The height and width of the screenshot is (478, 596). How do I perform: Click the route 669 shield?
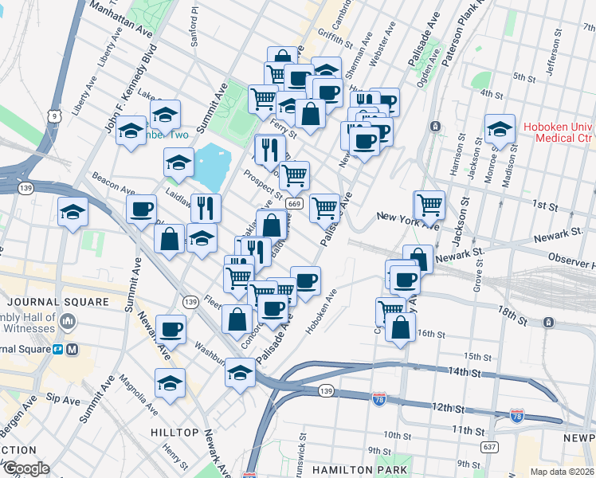[295, 205]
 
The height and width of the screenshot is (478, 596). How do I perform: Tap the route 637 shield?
[491, 446]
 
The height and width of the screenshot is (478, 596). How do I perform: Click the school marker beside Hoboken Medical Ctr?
[499, 128]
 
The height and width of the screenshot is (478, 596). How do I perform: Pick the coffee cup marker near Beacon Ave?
[141, 210]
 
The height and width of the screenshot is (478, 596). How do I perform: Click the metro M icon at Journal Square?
[72, 349]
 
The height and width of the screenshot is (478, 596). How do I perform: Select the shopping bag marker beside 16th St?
[400, 327]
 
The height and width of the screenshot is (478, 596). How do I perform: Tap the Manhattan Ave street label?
[121, 17]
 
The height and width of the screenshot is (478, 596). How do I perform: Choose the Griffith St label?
[328, 35]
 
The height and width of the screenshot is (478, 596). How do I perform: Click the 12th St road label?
[449, 408]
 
